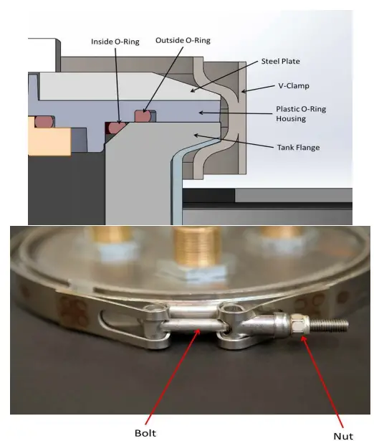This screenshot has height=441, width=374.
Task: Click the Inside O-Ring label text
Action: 116,42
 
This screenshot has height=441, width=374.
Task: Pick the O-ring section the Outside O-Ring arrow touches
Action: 144,113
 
